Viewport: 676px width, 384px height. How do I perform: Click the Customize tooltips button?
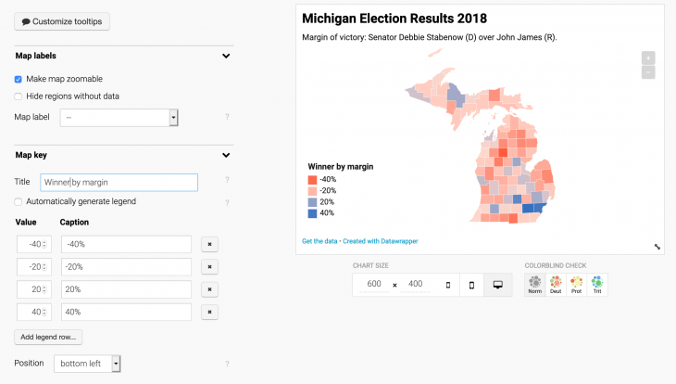(x=62, y=20)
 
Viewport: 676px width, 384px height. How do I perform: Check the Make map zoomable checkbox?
(x=19, y=79)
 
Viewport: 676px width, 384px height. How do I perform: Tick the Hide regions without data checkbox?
(x=19, y=96)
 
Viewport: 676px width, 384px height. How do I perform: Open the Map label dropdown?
(x=119, y=118)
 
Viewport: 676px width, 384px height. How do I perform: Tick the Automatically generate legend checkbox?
(x=19, y=201)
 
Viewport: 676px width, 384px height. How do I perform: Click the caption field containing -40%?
(x=126, y=244)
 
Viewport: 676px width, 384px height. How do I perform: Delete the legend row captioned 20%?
(x=209, y=289)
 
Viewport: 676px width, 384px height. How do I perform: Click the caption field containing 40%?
(x=126, y=312)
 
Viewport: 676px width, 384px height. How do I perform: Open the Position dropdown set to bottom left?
(x=88, y=364)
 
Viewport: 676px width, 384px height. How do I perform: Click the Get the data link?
(x=320, y=241)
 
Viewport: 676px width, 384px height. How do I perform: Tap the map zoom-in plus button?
(x=648, y=58)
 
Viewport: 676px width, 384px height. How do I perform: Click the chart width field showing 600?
(x=373, y=284)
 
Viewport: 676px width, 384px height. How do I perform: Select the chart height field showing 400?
(x=415, y=284)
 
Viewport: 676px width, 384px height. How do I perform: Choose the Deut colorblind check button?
(x=556, y=284)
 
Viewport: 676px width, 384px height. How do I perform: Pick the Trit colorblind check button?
(x=597, y=284)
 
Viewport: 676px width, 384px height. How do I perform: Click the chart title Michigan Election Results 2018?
(x=394, y=19)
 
